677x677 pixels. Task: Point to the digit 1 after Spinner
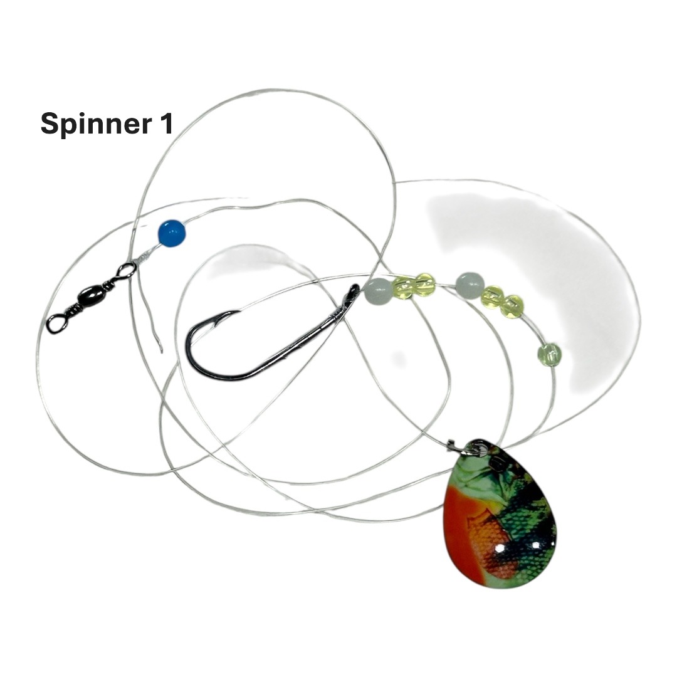click(x=166, y=123)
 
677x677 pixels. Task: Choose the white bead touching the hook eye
click(x=377, y=291)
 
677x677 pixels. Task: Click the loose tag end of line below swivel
click(x=149, y=313)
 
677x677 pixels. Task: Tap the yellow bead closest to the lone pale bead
click(x=514, y=306)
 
